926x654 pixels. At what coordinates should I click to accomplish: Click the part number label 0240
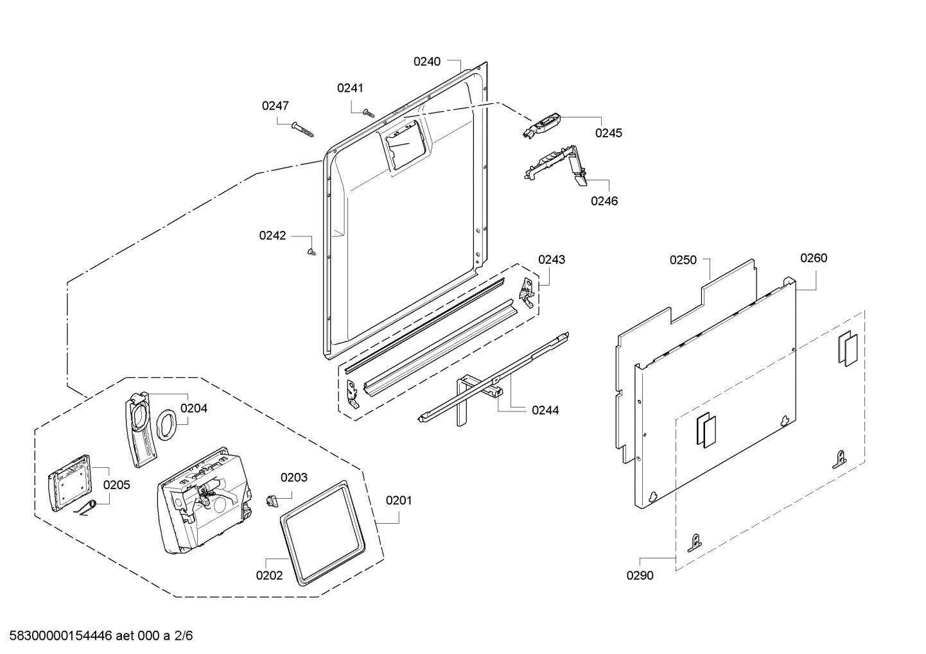coord(426,62)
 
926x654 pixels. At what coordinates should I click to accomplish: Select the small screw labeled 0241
coord(368,112)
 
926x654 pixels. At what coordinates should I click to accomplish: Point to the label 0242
coord(272,236)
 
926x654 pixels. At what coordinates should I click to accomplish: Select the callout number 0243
coord(552,259)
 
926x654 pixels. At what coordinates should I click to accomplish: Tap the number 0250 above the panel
coord(683,260)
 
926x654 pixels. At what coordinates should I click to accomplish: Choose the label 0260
coord(813,258)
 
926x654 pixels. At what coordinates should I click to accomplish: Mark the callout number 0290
coord(640,576)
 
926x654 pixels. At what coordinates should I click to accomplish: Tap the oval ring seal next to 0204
coord(166,426)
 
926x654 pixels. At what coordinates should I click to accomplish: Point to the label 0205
coord(116,485)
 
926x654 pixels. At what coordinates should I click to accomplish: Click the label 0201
coord(398,500)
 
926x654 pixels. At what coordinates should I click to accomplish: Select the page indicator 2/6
coord(183,636)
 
